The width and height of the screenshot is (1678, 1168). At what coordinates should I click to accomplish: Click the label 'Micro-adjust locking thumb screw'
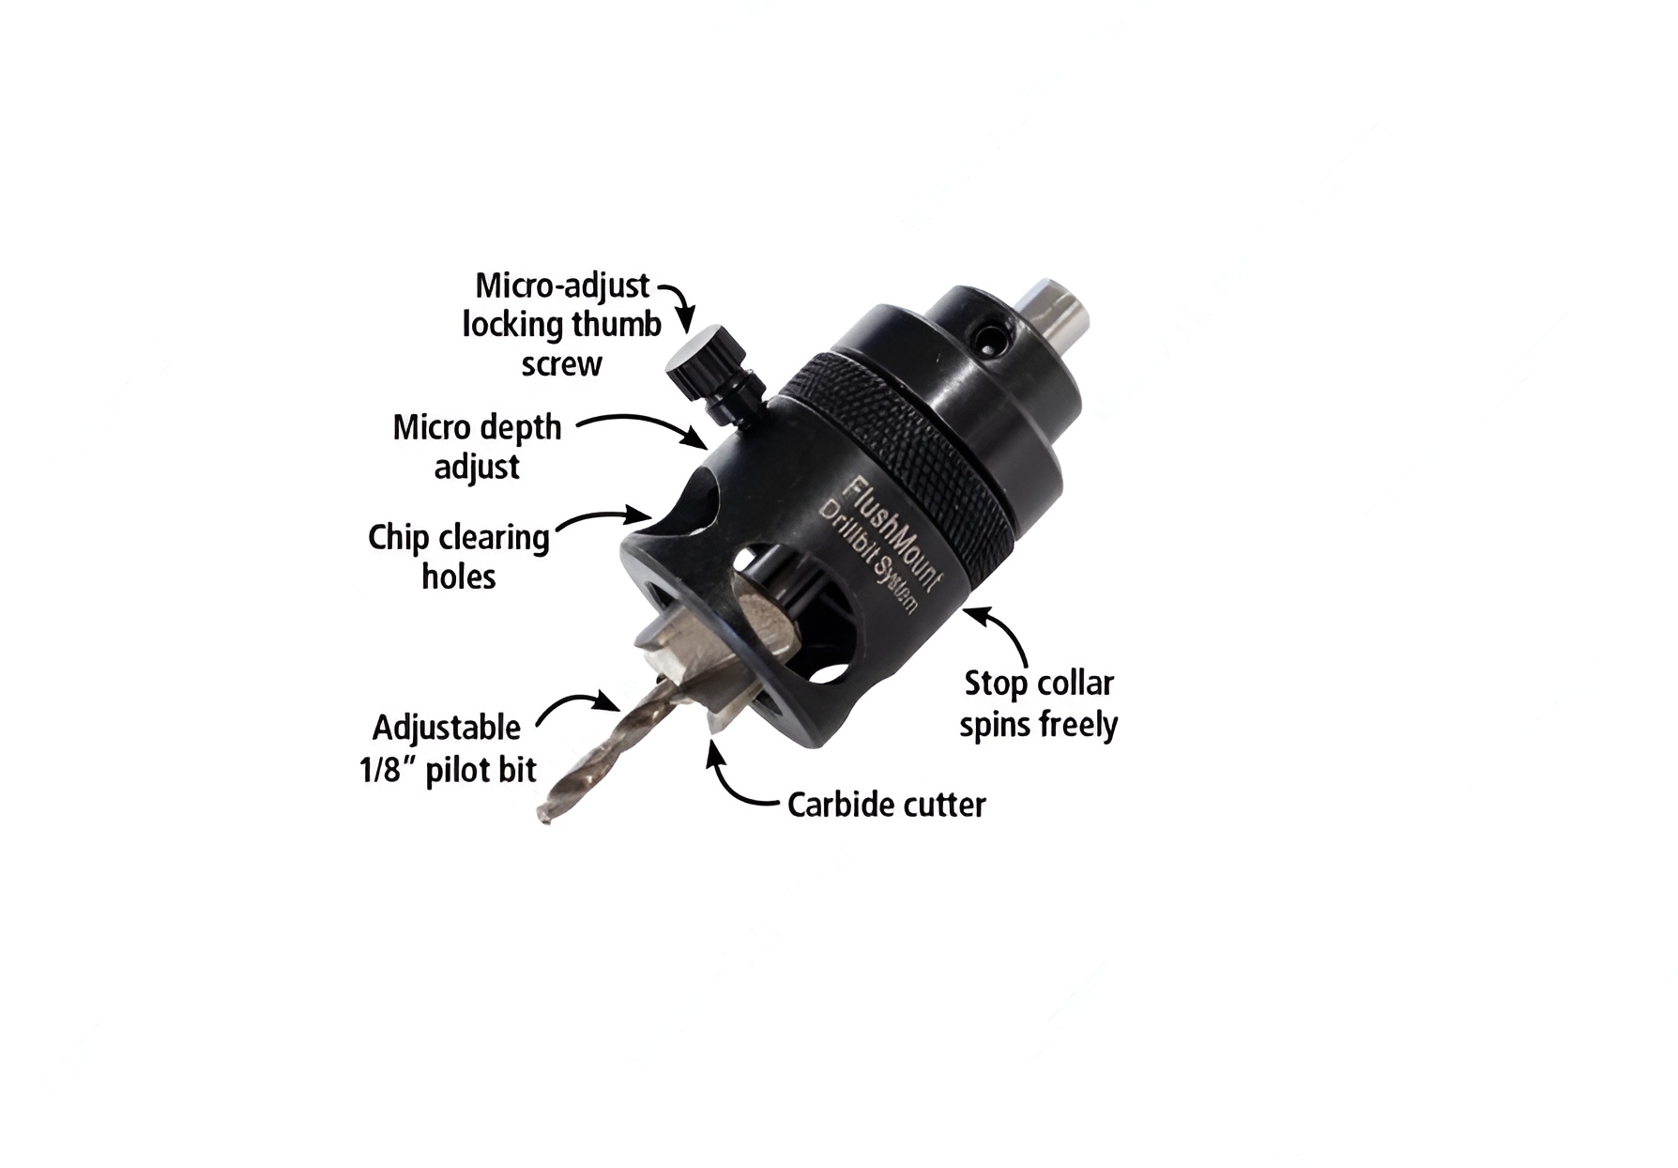(x=562, y=325)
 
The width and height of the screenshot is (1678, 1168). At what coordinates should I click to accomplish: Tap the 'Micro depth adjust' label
(x=477, y=447)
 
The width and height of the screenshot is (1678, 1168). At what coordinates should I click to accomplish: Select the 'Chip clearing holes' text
(x=459, y=556)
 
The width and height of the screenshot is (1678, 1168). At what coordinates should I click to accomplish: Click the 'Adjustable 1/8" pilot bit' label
(x=448, y=749)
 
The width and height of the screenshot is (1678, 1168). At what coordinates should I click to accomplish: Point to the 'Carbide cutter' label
(x=887, y=805)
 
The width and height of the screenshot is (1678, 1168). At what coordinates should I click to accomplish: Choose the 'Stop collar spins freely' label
(x=1039, y=704)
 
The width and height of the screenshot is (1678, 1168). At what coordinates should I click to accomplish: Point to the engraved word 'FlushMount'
(x=890, y=535)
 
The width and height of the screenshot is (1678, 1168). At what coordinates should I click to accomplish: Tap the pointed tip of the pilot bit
(x=543, y=818)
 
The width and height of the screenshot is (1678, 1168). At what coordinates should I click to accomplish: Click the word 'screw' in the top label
(x=561, y=364)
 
